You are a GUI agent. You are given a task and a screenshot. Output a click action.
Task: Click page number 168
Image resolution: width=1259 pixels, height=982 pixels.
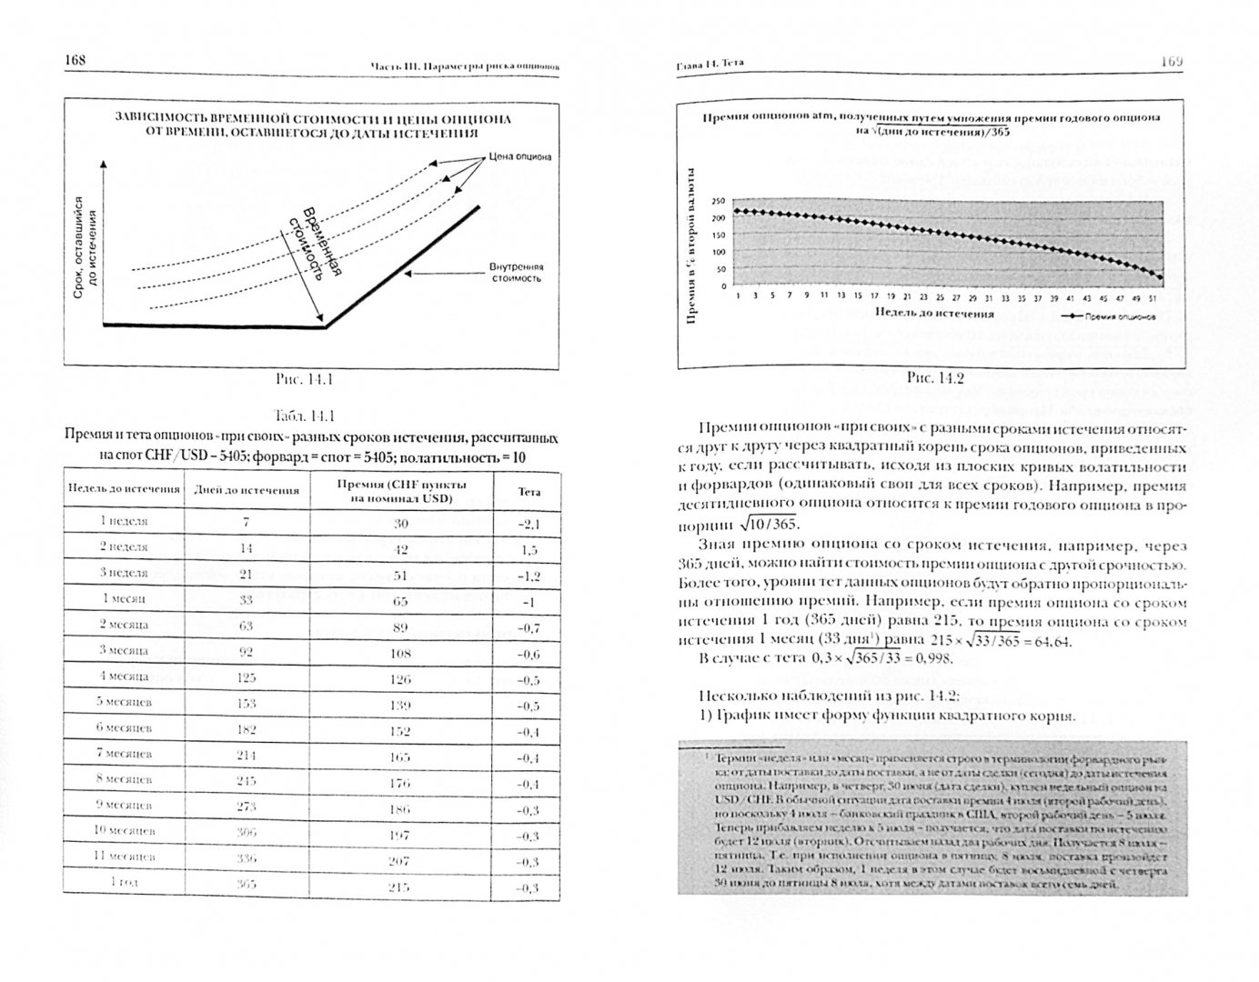pyautogui.click(x=75, y=60)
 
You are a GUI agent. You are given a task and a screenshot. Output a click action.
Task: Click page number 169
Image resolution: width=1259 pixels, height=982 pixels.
pyautogui.click(x=1170, y=61)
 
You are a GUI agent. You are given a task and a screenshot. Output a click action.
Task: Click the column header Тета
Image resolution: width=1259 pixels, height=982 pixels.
pyautogui.click(x=529, y=491)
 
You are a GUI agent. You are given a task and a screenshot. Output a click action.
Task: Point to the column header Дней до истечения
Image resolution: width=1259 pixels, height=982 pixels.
pyautogui.click(x=246, y=490)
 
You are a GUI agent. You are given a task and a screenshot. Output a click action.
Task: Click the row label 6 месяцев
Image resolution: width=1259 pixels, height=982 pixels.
pyautogui.click(x=124, y=728)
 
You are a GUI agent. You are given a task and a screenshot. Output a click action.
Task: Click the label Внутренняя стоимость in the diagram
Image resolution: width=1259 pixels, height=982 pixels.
pyautogui.click(x=515, y=273)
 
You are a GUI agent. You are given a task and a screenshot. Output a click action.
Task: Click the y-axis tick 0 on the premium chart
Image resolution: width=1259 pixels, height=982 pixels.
pyautogui.click(x=724, y=286)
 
